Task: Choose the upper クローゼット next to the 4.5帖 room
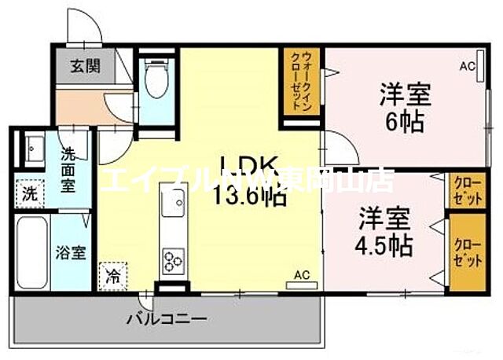coord(466,191)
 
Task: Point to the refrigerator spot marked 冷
coord(113,277)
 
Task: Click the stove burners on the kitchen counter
coord(173,260)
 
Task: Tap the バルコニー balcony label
coord(167,320)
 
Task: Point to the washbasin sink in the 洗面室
coord(34,148)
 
